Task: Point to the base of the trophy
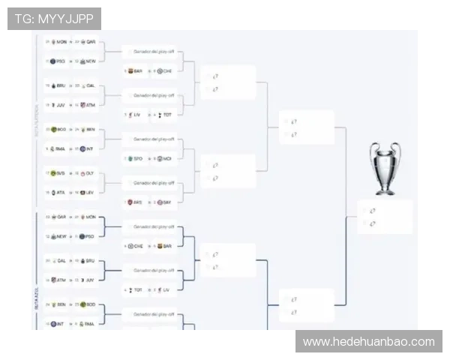[385, 190]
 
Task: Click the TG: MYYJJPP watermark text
[53, 18]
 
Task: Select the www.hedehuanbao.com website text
[368, 342]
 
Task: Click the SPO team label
[137, 158]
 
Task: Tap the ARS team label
[137, 202]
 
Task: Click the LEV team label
[89, 193]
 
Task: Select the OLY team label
[89, 173]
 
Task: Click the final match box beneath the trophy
[384, 217]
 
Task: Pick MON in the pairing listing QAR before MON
[91, 217]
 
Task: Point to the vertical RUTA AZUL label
[36, 298]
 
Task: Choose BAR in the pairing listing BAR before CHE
[137, 71]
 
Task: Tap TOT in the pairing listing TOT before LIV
[137, 289]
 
